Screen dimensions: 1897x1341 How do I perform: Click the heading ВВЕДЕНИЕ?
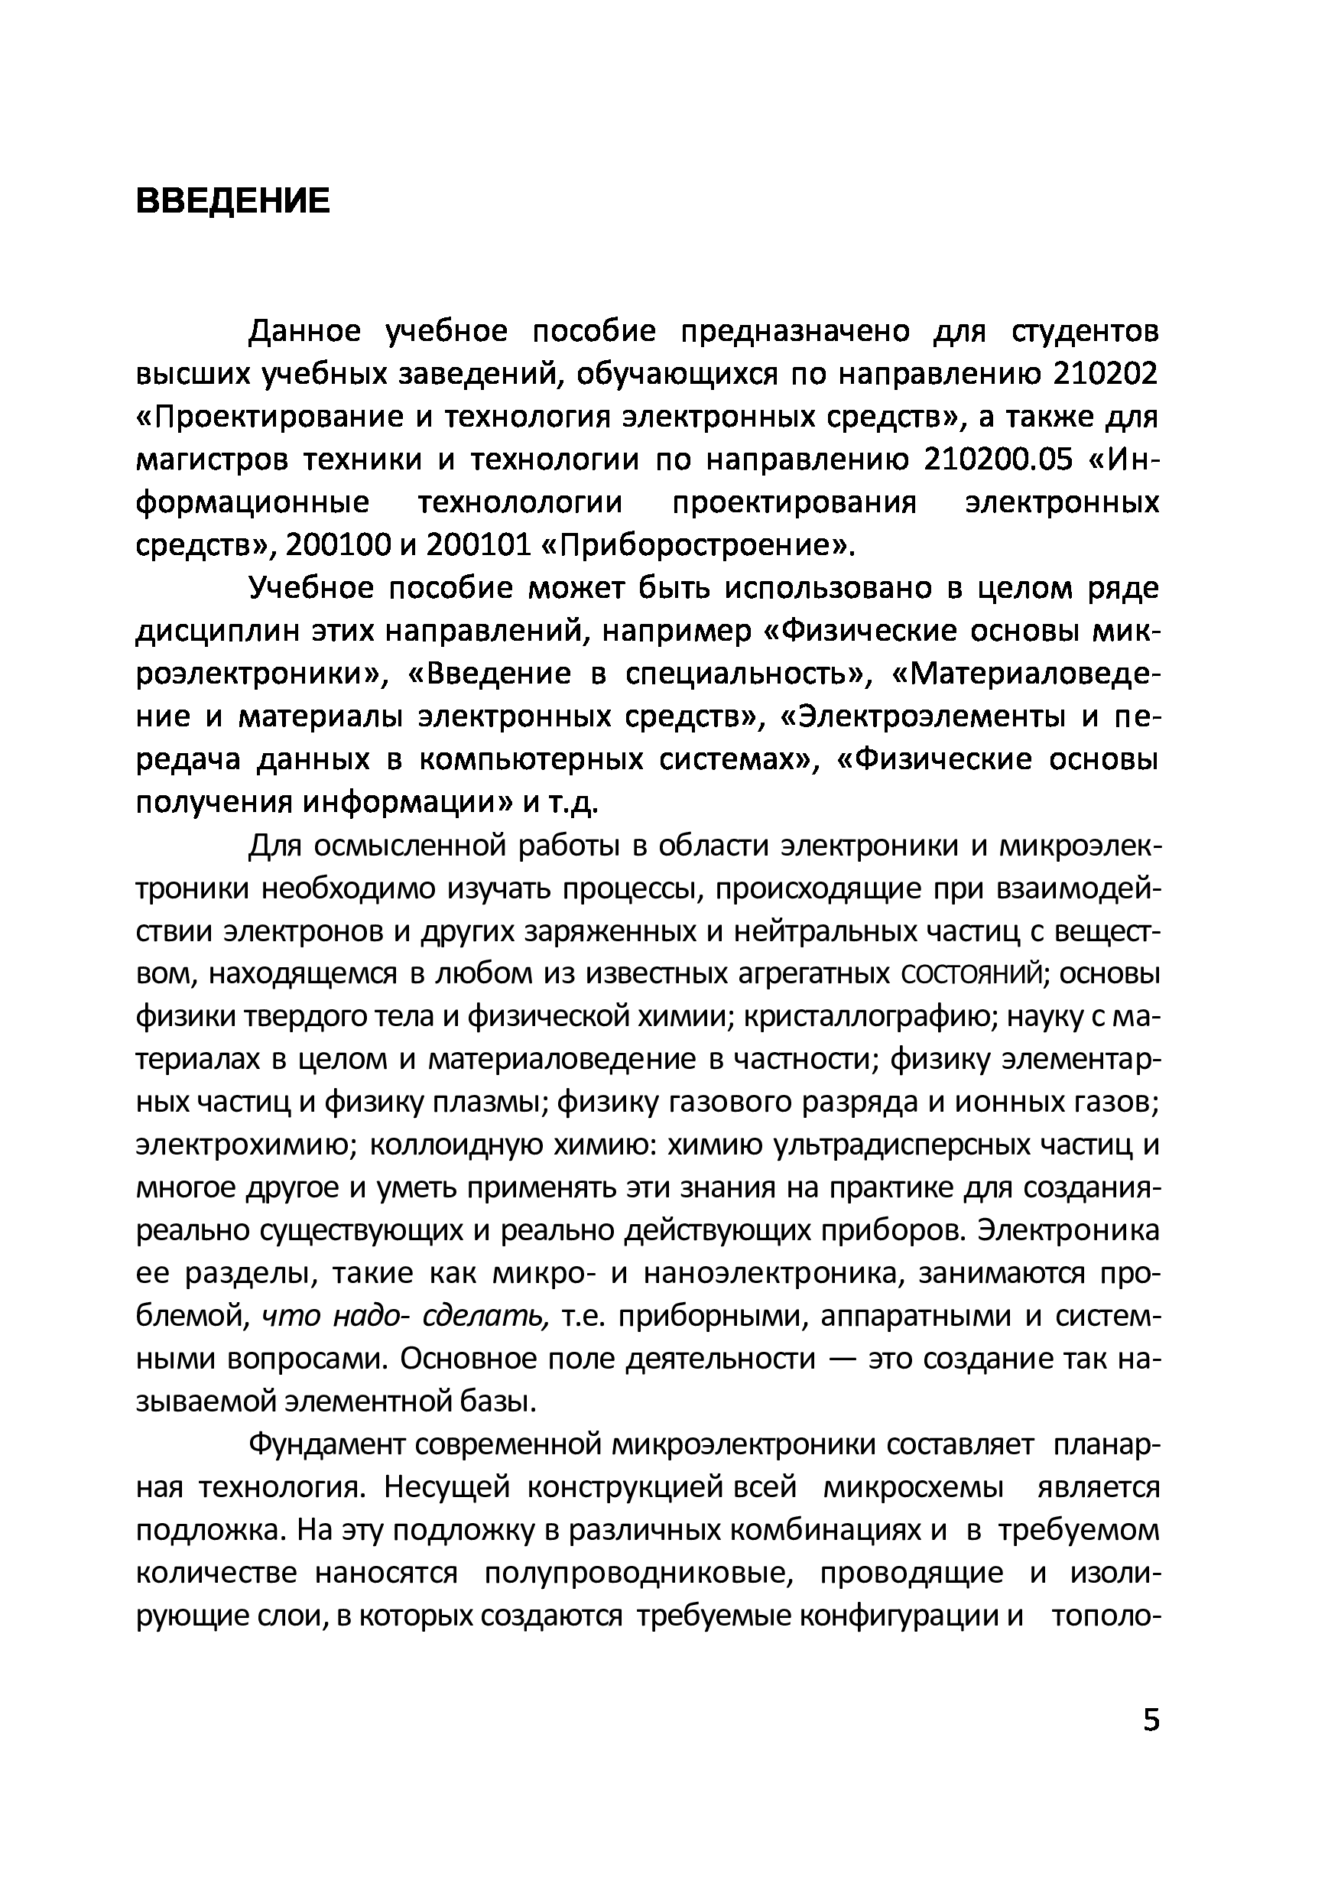(x=232, y=201)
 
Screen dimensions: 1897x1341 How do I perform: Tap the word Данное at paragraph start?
(x=305, y=331)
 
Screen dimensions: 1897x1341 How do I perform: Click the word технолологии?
(x=520, y=503)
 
